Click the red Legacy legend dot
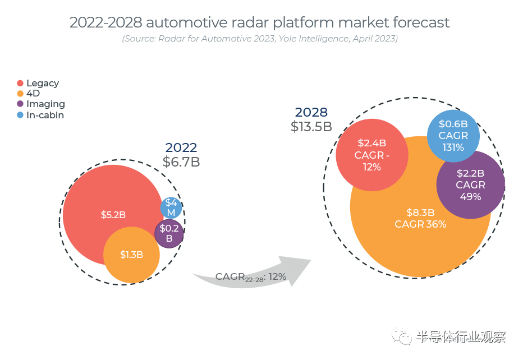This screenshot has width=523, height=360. tap(21, 84)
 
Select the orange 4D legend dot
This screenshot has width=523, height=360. tap(21, 94)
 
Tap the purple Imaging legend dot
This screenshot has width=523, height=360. tap(21, 104)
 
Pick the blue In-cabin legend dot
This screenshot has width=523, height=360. tap(21, 115)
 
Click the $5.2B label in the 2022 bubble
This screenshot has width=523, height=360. tap(113, 215)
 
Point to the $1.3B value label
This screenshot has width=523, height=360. tap(131, 255)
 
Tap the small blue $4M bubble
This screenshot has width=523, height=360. tap(171, 208)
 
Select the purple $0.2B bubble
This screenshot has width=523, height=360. tap(169, 233)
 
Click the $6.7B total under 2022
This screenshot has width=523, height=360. tap(181, 162)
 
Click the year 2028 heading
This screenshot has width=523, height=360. tap(311, 112)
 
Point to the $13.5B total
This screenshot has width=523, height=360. tap(311, 127)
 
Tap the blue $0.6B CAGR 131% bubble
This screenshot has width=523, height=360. tap(453, 136)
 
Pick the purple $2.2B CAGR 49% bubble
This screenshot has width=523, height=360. tap(470, 185)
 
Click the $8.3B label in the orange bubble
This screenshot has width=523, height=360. tap(420, 213)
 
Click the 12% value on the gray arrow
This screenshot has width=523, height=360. tap(277, 276)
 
